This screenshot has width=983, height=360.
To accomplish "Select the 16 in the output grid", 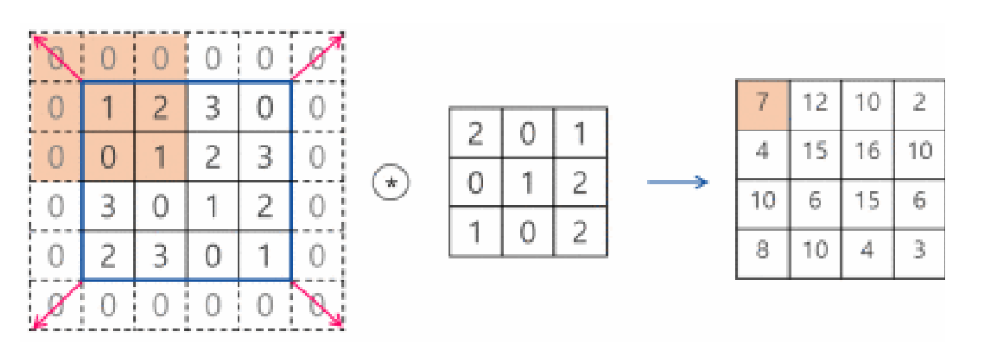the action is coord(866,151).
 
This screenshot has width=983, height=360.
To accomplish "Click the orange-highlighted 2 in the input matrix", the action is coord(161,109).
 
